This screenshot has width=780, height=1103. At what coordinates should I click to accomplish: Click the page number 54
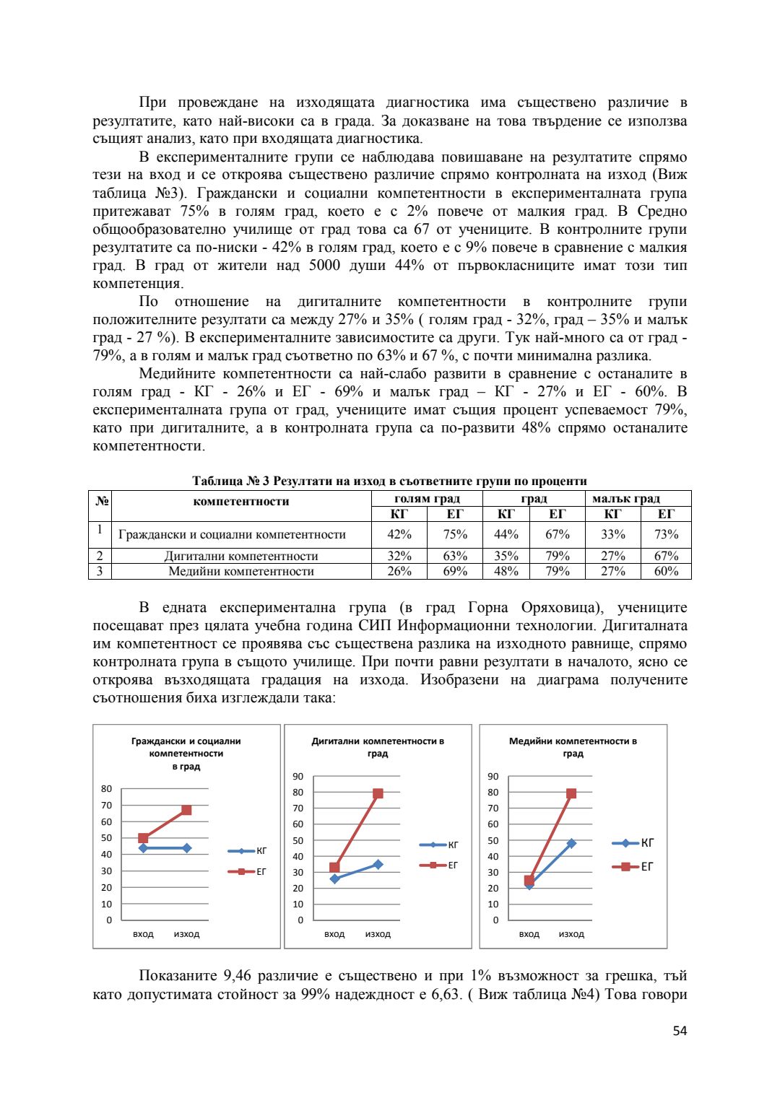pos(680,1031)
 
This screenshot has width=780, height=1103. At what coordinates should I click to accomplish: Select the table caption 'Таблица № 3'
pos(230,481)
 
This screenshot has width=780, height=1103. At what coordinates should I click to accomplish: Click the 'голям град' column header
pos(427,499)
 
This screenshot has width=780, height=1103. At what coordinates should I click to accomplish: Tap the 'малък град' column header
pos(626,499)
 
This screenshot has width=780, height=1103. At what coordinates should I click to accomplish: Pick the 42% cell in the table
pos(399,534)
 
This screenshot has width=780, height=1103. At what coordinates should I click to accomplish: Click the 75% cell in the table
pos(455,534)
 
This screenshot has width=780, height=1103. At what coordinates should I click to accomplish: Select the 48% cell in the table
pos(506,571)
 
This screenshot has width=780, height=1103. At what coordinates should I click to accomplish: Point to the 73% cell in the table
pos(666,534)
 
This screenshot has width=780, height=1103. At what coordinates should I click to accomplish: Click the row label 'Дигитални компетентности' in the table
pos(241,556)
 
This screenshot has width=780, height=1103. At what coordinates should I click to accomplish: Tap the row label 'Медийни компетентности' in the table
pos(241,571)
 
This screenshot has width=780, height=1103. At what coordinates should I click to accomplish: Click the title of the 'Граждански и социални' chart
pos(186,754)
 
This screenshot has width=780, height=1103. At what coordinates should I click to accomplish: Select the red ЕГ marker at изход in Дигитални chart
pos(378,793)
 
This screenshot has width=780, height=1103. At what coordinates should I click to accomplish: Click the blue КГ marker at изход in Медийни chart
pos(571,843)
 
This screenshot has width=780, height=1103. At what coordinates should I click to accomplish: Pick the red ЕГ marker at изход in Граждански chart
pos(186,810)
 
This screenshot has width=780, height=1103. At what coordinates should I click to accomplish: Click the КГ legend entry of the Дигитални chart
pos(440,845)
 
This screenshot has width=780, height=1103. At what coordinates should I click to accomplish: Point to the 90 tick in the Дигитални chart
pos(298,777)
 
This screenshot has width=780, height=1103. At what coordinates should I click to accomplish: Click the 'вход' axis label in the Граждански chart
pos(143,934)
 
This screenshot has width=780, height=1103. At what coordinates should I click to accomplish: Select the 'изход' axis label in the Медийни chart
pos(571,934)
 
